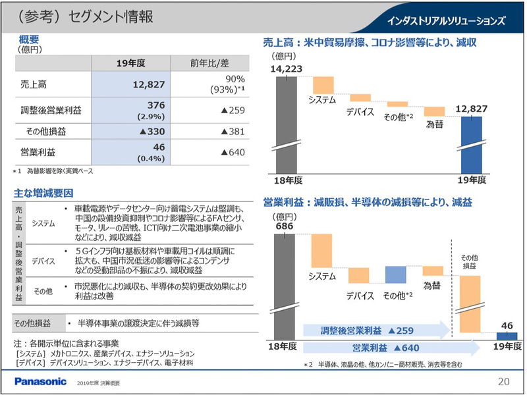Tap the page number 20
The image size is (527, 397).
pyautogui.click(x=503, y=381)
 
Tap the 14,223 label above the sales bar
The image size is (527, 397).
pyautogui.click(x=285, y=68)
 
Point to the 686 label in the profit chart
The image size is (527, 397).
pyautogui.click(x=285, y=226)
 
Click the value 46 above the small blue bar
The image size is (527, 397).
pyautogui.click(x=507, y=325)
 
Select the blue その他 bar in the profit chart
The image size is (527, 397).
pyautogui.click(x=395, y=275)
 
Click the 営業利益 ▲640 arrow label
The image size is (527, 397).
pyautogui.click(x=386, y=347)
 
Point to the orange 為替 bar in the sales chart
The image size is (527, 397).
pyautogui.click(x=434, y=111)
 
